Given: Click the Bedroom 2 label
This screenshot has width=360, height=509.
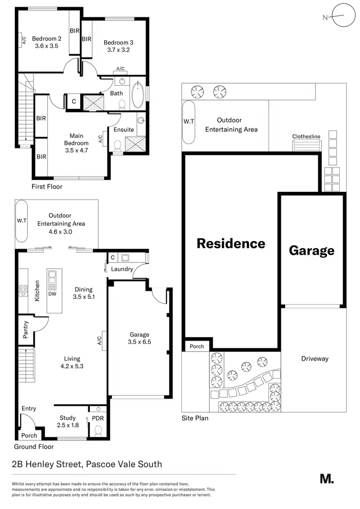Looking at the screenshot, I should [x=47, y=39].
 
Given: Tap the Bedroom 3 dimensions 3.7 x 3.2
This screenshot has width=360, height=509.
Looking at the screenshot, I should [x=117, y=49].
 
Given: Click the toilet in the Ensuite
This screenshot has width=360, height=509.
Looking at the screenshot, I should [x=117, y=145].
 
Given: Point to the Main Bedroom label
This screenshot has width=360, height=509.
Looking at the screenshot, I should [x=76, y=139].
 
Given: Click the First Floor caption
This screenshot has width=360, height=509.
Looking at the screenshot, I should [x=47, y=187].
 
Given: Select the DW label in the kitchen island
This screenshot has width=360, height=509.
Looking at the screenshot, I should [x=52, y=294].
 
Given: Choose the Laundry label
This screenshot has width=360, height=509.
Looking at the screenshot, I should [x=122, y=269].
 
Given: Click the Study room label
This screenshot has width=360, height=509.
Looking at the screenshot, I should [x=68, y=418].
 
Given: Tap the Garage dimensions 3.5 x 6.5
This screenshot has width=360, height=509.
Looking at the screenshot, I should [x=140, y=342].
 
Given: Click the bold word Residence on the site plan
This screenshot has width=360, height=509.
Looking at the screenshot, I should [x=231, y=243].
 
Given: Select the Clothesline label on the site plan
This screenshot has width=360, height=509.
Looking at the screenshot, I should [x=306, y=137].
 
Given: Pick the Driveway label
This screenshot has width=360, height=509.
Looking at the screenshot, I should [x=315, y=358].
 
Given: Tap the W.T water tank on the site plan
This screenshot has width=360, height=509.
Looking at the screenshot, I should [x=189, y=122].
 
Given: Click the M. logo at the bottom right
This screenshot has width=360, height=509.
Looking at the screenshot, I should [x=326, y=478].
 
